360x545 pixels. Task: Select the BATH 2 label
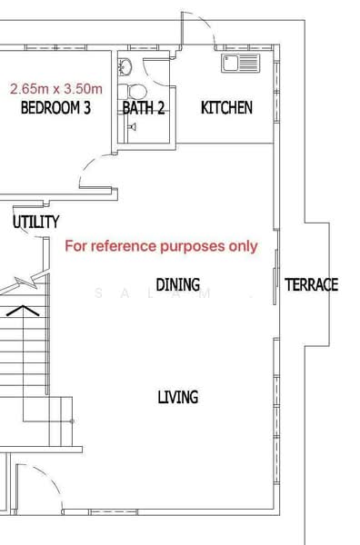[144, 108]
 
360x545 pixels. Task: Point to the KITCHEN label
[226, 107]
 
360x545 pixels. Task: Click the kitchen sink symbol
[240, 63]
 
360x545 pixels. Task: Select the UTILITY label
[36, 222]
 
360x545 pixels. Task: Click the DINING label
[177, 285]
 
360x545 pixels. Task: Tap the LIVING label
[177, 397]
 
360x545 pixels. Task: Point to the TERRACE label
[312, 285]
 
